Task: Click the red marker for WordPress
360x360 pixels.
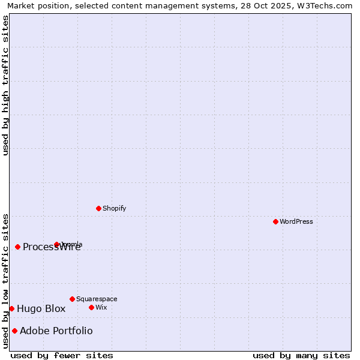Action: [275, 221]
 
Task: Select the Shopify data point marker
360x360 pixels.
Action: [98, 208]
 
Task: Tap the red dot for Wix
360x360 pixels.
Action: [91, 307]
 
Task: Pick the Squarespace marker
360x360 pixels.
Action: [72, 299]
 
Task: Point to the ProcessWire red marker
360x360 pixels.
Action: [17, 247]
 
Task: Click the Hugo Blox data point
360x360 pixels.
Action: [11, 308]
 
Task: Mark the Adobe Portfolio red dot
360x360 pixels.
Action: [14, 331]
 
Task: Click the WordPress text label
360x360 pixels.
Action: [296, 221]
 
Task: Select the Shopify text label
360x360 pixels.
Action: [114, 208]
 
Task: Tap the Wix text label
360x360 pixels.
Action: [101, 307]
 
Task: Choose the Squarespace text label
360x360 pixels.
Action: [97, 299]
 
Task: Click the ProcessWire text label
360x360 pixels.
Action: [52, 247]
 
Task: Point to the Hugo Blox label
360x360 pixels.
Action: [41, 309]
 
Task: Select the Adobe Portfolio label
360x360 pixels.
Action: [56, 331]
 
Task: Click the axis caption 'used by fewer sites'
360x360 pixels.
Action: [62, 355]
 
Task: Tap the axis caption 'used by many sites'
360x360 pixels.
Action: [301, 355]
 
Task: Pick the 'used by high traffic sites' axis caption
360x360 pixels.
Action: [5, 85]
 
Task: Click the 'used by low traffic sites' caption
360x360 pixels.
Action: [5, 281]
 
